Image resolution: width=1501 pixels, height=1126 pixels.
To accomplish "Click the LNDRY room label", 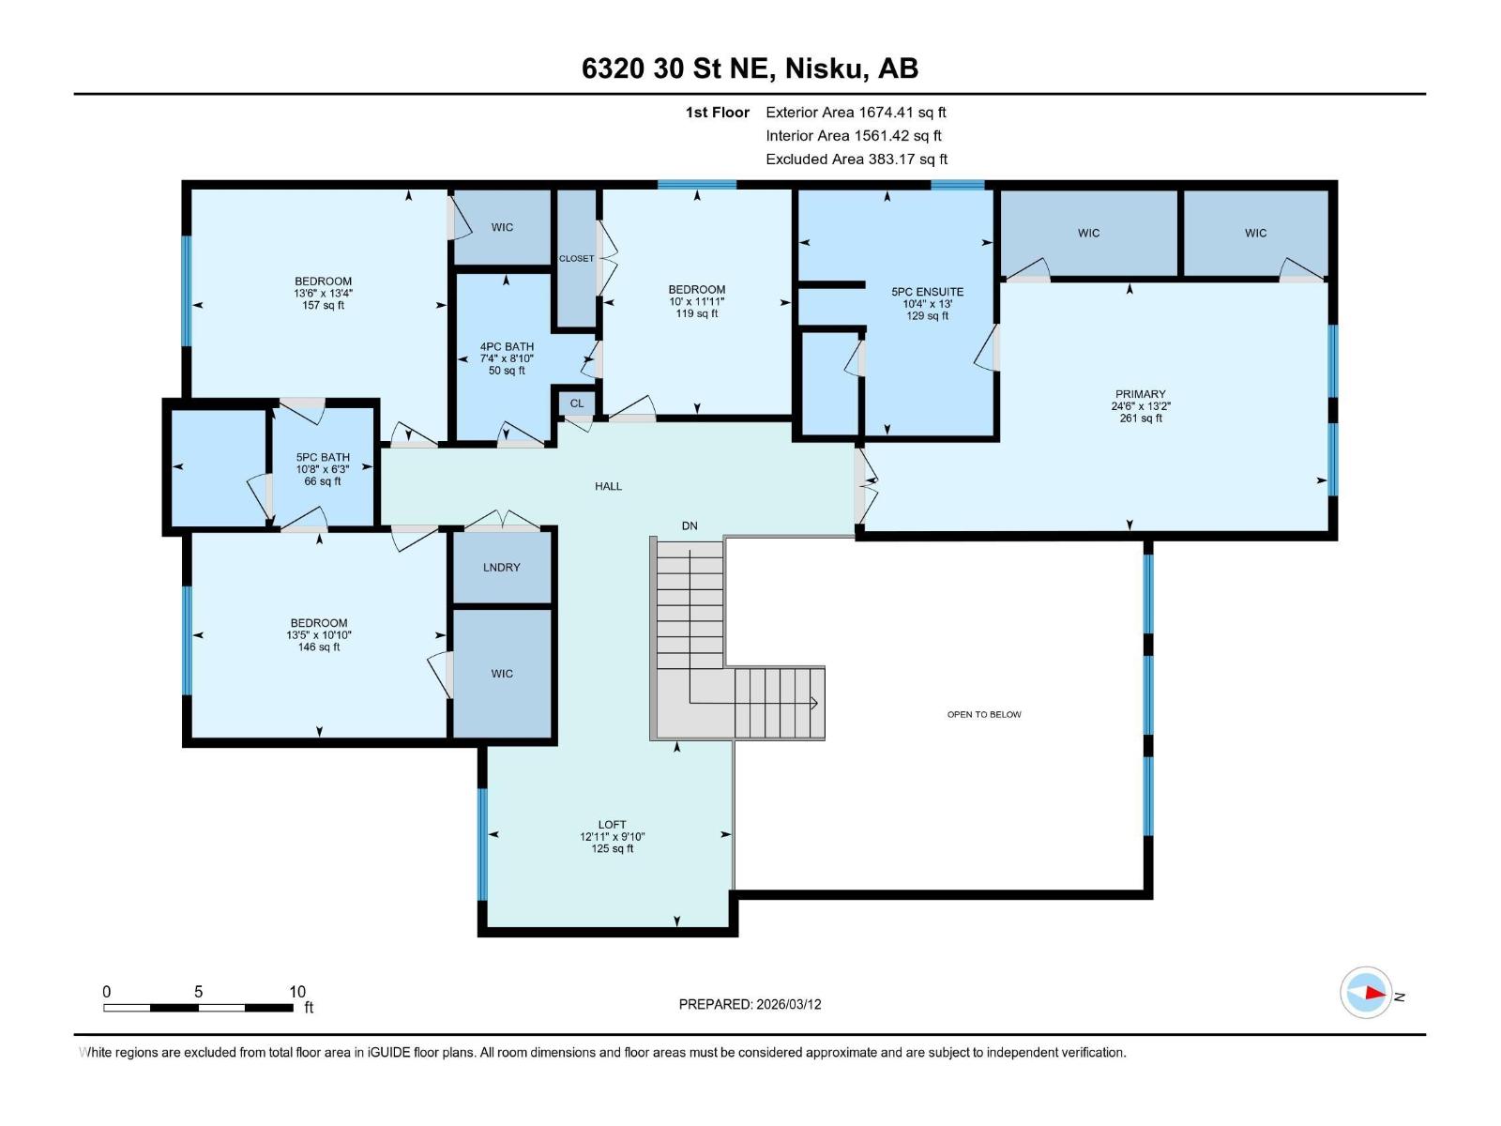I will [x=501, y=568].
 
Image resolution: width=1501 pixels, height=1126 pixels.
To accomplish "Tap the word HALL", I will [x=608, y=486].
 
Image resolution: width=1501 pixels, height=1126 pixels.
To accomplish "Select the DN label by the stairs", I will [x=690, y=526].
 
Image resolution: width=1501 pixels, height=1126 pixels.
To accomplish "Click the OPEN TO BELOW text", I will [x=983, y=715].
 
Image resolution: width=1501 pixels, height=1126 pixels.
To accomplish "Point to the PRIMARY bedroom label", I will [x=1140, y=395].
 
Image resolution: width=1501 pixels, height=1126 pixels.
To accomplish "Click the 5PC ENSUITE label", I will [x=927, y=292].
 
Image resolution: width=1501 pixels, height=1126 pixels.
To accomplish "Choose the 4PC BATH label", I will [x=507, y=347].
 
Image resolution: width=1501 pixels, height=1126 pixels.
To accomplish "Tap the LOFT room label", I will [x=612, y=825].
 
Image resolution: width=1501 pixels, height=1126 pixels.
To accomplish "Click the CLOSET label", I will [x=576, y=259].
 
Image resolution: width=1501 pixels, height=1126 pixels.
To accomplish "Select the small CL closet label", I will [x=576, y=403].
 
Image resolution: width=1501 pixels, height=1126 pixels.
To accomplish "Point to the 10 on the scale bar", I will [x=296, y=992].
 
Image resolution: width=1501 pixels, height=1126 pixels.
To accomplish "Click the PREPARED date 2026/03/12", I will [x=788, y=1004].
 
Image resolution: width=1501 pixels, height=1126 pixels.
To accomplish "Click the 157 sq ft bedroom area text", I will [x=323, y=306].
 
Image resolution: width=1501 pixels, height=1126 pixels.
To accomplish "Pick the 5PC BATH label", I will [x=323, y=458].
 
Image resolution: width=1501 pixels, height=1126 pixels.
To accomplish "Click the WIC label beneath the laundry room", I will [x=501, y=674].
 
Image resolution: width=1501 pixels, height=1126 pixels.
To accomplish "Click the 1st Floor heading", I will [x=717, y=113].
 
